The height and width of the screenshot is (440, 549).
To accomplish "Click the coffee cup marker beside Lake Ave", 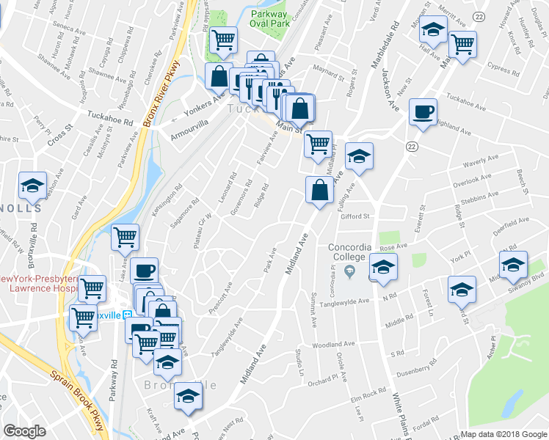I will click(144, 271).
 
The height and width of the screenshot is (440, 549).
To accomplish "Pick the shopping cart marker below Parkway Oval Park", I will click(223, 40).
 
